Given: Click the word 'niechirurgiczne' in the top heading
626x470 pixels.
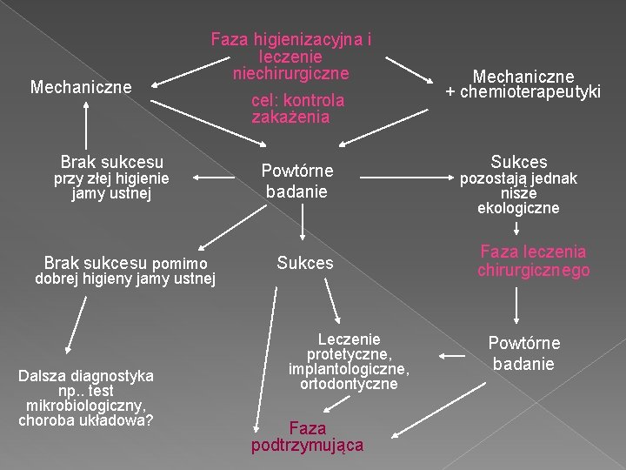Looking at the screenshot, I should [x=290, y=73].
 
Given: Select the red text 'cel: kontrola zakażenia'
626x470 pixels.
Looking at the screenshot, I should [x=297, y=109].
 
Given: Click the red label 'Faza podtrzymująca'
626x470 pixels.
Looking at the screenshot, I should [x=307, y=436].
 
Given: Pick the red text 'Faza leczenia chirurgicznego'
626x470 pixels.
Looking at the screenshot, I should [x=533, y=261].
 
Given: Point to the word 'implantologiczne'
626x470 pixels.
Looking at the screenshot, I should [x=349, y=368].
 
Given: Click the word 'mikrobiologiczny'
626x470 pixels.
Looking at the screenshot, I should [x=86, y=406].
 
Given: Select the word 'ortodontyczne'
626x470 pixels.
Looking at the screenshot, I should [x=349, y=383].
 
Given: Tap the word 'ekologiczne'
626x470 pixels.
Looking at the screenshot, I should [x=518, y=208].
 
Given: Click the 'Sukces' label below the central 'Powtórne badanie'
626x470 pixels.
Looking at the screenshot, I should [x=304, y=262].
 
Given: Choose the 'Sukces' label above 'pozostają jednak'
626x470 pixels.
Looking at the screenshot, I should [x=519, y=162].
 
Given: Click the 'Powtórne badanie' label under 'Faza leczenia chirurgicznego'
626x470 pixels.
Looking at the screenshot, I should [x=523, y=352].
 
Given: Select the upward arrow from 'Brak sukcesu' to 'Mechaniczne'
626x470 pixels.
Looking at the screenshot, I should [x=87, y=123].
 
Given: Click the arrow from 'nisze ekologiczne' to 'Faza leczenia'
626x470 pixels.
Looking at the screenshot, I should [x=517, y=228].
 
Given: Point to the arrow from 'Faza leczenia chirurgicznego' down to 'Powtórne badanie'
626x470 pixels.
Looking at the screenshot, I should [x=518, y=305].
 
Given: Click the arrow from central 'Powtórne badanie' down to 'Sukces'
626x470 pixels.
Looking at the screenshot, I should [x=302, y=224].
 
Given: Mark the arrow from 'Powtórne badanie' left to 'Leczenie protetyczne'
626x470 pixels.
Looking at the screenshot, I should [x=454, y=355].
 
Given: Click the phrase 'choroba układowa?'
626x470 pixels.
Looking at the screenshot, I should [x=86, y=420].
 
